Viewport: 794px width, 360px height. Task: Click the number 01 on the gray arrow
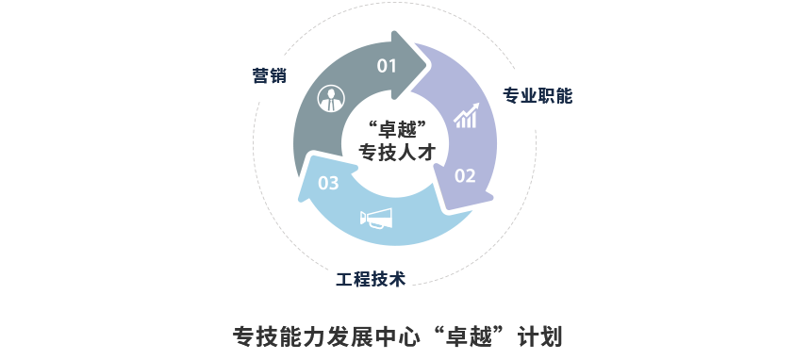pyautogui.click(x=388, y=66)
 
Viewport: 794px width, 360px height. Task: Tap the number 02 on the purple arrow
pyautogui.click(x=466, y=175)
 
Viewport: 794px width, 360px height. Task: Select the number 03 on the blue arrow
pyautogui.click(x=328, y=183)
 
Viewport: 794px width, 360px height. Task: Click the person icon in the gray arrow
pyautogui.click(x=329, y=98)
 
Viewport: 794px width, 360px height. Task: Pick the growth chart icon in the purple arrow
pyautogui.click(x=466, y=117)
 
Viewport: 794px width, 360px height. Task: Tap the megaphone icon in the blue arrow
pyautogui.click(x=375, y=220)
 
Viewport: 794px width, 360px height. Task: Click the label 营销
pyautogui.click(x=270, y=75)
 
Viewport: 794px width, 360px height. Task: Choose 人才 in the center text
pyautogui.click(x=416, y=151)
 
